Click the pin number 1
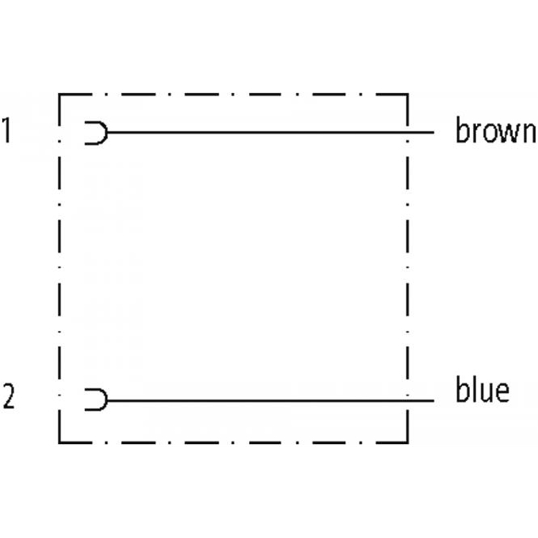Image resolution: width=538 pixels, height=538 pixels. click(x=6, y=131)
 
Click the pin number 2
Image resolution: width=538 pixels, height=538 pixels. click(x=8, y=396)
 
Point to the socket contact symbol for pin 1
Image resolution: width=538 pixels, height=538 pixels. click(x=96, y=133)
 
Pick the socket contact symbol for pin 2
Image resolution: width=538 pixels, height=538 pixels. click(x=96, y=400)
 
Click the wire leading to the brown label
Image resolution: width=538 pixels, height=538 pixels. click(x=269, y=133)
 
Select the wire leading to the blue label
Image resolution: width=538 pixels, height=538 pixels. click(x=269, y=401)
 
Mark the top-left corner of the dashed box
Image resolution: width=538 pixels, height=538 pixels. click(x=60, y=95)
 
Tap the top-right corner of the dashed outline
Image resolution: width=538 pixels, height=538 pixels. click(x=408, y=95)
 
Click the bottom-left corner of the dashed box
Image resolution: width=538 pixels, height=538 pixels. click(x=60, y=442)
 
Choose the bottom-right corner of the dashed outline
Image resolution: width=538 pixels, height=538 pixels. click(x=408, y=442)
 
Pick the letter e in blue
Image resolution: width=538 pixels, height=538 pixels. click(x=501, y=392)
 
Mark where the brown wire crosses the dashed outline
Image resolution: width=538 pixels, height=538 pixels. click(x=408, y=133)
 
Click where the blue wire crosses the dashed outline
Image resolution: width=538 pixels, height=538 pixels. click(x=408, y=401)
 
